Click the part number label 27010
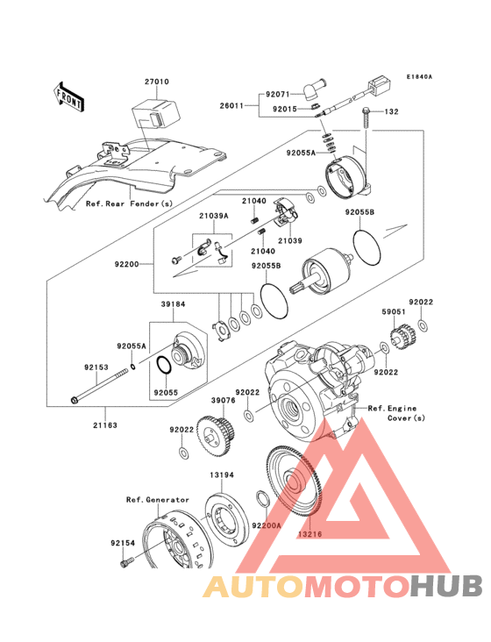[x=157, y=82]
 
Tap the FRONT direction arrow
[x=69, y=96]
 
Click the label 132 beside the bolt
[x=392, y=112]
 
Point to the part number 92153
[x=96, y=367]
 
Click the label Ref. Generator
[x=157, y=499]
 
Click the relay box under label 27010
[x=153, y=113]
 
